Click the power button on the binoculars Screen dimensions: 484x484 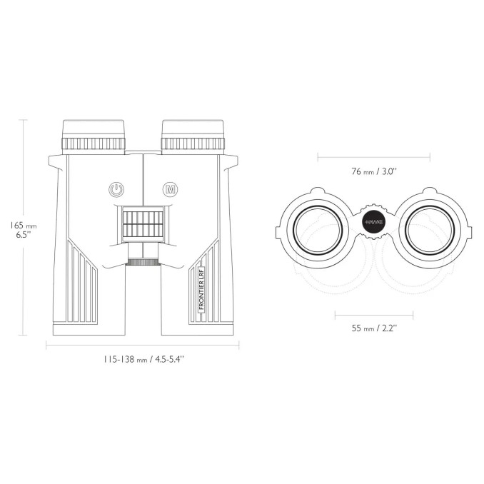pyautogui.click(x=116, y=189)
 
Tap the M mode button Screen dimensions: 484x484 pyautogui.click(x=171, y=189)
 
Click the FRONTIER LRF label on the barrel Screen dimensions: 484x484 pyautogui.click(x=201, y=290)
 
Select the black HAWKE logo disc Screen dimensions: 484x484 pyautogui.click(x=374, y=222)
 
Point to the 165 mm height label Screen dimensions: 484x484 pyautogui.click(x=23, y=230)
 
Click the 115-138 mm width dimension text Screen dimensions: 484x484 pyautogui.click(x=143, y=359)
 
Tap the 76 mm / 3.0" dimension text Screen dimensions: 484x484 pyautogui.click(x=373, y=171)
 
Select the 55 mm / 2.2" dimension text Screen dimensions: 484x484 pyautogui.click(x=374, y=328)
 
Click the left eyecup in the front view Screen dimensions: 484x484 pyautogui.click(x=94, y=129)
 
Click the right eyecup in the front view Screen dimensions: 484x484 pyautogui.click(x=193, y=129)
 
